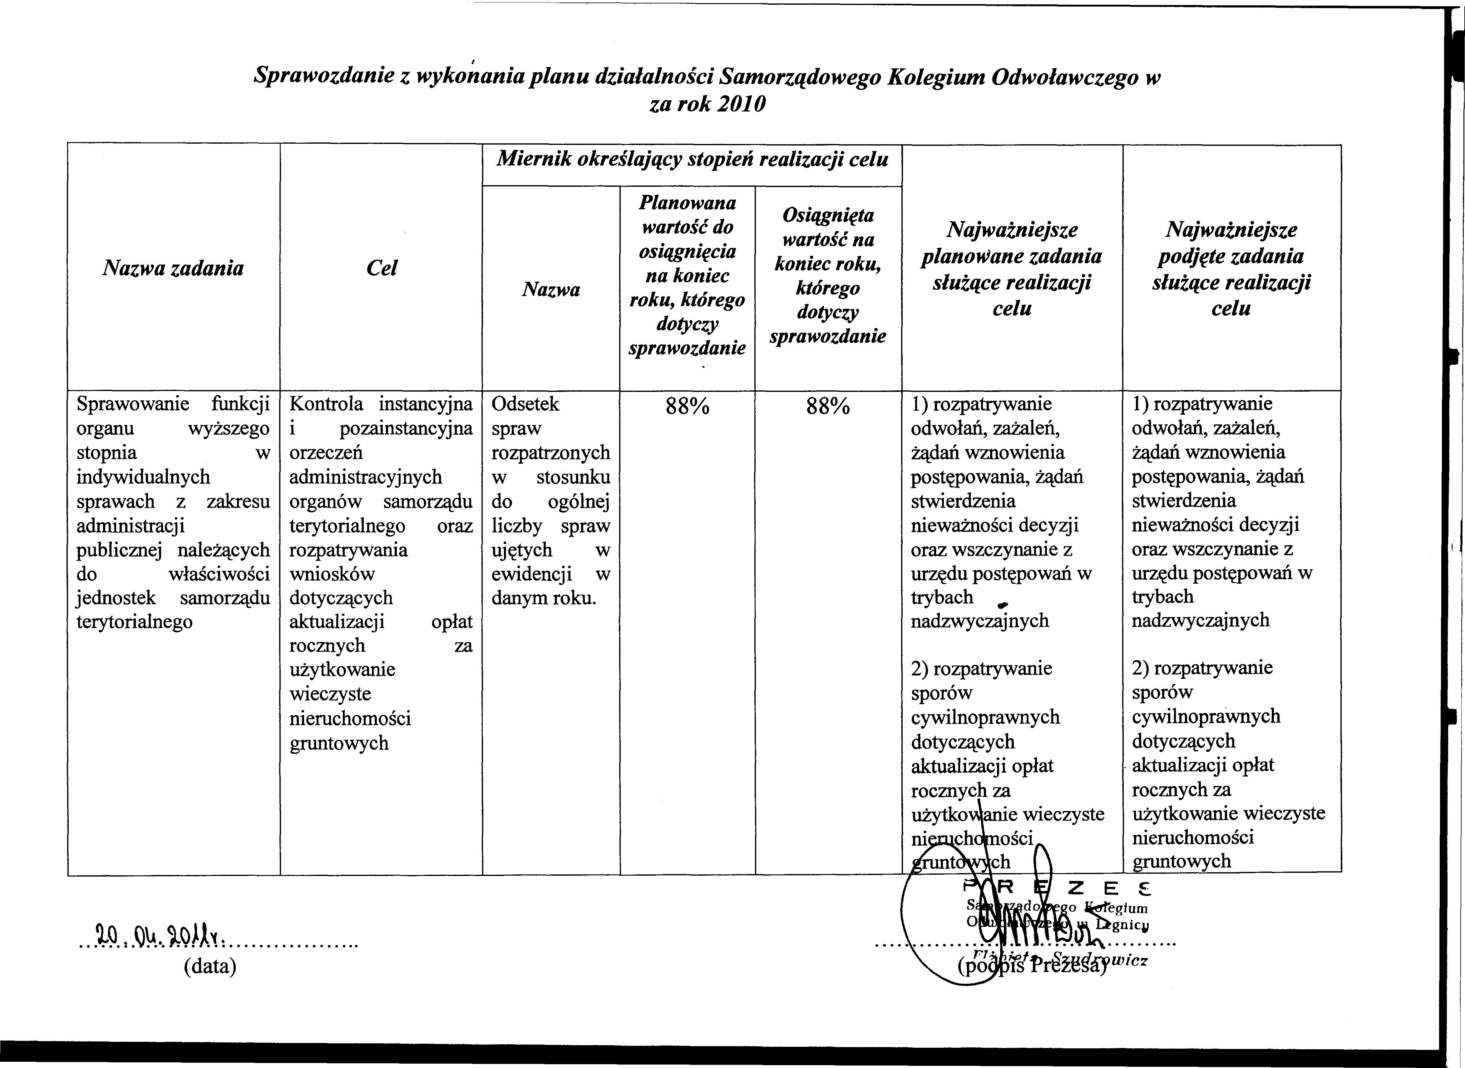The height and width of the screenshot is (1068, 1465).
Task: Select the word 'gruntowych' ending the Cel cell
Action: tap(339, 744)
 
